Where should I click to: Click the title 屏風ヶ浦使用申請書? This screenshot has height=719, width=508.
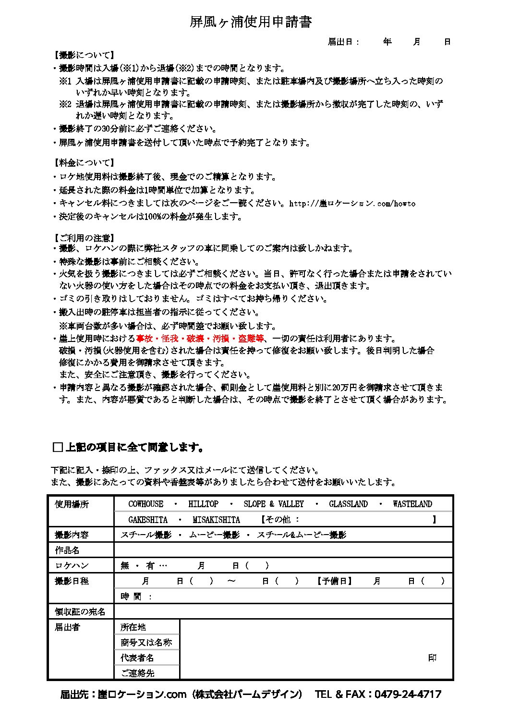(x=251, y=22)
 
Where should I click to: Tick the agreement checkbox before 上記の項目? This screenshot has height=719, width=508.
(x=58, y=448)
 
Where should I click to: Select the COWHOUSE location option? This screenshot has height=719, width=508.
(x=145, y=504)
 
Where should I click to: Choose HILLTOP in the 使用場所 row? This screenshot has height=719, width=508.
(x=203, y=504)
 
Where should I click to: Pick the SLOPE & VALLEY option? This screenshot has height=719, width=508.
(x=274, y=504)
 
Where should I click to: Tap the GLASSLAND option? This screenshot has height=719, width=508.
(x=348, y=504)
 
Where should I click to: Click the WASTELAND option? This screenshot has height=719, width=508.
(x=412, y=504)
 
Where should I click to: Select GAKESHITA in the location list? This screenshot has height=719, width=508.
(x=148, y=520)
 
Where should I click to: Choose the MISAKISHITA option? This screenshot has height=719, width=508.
(x=216, y=520)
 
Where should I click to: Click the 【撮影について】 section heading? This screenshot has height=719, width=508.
(x=84, y=55)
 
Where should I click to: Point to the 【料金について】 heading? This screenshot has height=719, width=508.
(x=84, y=163)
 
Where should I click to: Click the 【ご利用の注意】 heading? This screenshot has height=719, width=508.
(x=84, y=238)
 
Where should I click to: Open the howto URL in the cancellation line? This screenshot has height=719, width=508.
(x=352, y=203)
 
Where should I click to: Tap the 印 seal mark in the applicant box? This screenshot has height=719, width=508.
(x=432, y=658)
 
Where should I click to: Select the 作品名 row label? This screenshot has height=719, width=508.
(x=67, y=550)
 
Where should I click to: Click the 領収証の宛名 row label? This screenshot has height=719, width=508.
(x=80, y=611)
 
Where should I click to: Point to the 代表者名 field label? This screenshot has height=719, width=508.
(x=137, y=658)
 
